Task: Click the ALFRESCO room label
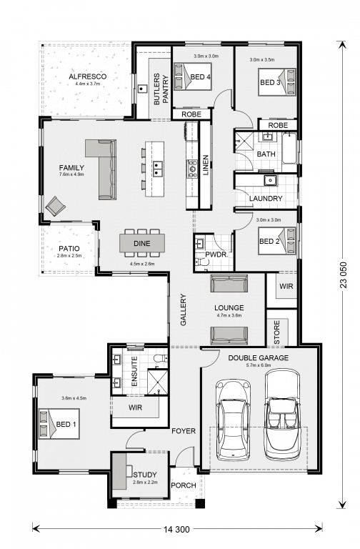[87, 76]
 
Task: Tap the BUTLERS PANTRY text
[161, 89]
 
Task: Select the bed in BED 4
[193, 76]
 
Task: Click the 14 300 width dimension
[176, 529]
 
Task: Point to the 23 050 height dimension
[344, 274]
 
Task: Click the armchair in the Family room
[55, 206]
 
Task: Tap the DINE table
[142, 243]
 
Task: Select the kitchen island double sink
[157, 168]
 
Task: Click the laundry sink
[270, 180]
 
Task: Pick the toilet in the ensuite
[162, 358]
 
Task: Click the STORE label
[276, 332]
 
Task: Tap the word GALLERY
[184, 310]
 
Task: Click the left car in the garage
[233, 420]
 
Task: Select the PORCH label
[184, 485]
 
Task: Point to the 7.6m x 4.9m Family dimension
[71, 174]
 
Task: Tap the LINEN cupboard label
[206, 165]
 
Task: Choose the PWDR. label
[216, 254]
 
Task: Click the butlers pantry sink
[141, 89]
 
